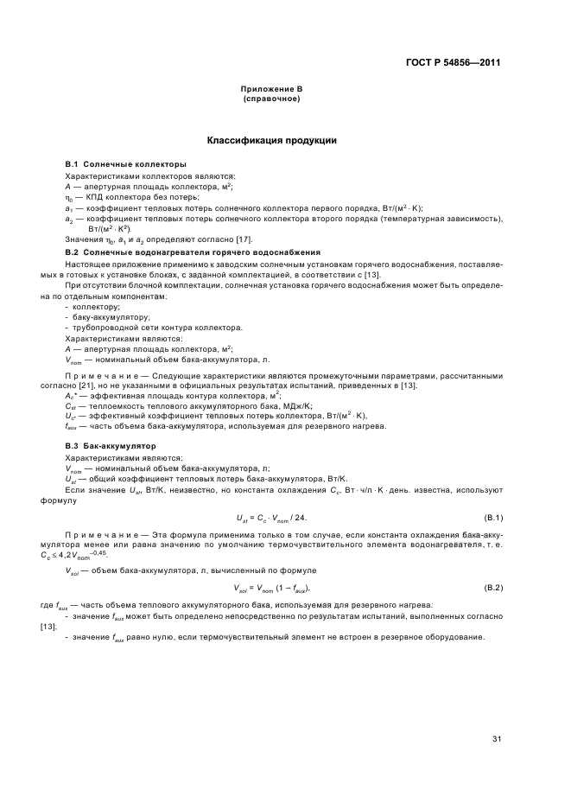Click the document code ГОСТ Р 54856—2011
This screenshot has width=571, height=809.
454,62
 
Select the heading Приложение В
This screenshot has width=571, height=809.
271,90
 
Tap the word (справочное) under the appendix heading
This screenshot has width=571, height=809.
271,99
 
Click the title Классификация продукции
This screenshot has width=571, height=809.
271,140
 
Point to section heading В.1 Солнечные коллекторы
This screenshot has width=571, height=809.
126,163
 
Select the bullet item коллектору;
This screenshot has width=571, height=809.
96,308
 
